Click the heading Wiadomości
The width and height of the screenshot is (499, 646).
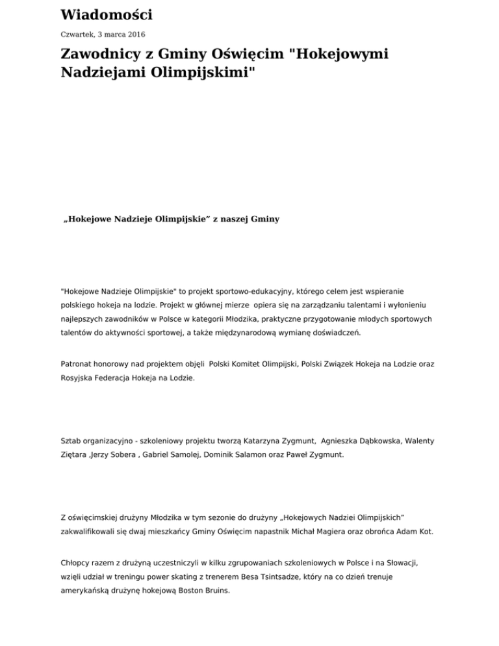[107, 14]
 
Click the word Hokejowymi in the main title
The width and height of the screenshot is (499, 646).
[341, 54]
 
